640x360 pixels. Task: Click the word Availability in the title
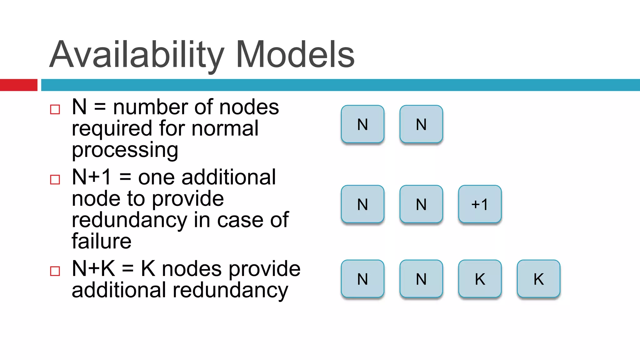point(137,55)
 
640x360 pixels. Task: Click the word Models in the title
point(295,55)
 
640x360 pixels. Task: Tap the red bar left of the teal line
point(18,85)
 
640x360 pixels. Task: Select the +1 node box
point(480,204)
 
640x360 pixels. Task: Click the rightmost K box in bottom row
point(538,279)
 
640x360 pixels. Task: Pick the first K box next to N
point(480,279)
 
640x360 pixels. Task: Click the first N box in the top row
point(362,124)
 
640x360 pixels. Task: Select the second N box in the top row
point(421,124)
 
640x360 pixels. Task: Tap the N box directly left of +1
point(421,204)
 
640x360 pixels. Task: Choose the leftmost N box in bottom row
point(362,279)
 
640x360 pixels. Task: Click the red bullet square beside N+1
point(55,180)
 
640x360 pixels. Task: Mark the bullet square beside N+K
point(55,271)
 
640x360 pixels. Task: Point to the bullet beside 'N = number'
point(55,109)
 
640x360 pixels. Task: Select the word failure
point(101,241)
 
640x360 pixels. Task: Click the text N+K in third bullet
point(93,269)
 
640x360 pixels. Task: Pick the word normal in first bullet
point(225,128)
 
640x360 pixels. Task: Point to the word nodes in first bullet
point(249,107)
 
